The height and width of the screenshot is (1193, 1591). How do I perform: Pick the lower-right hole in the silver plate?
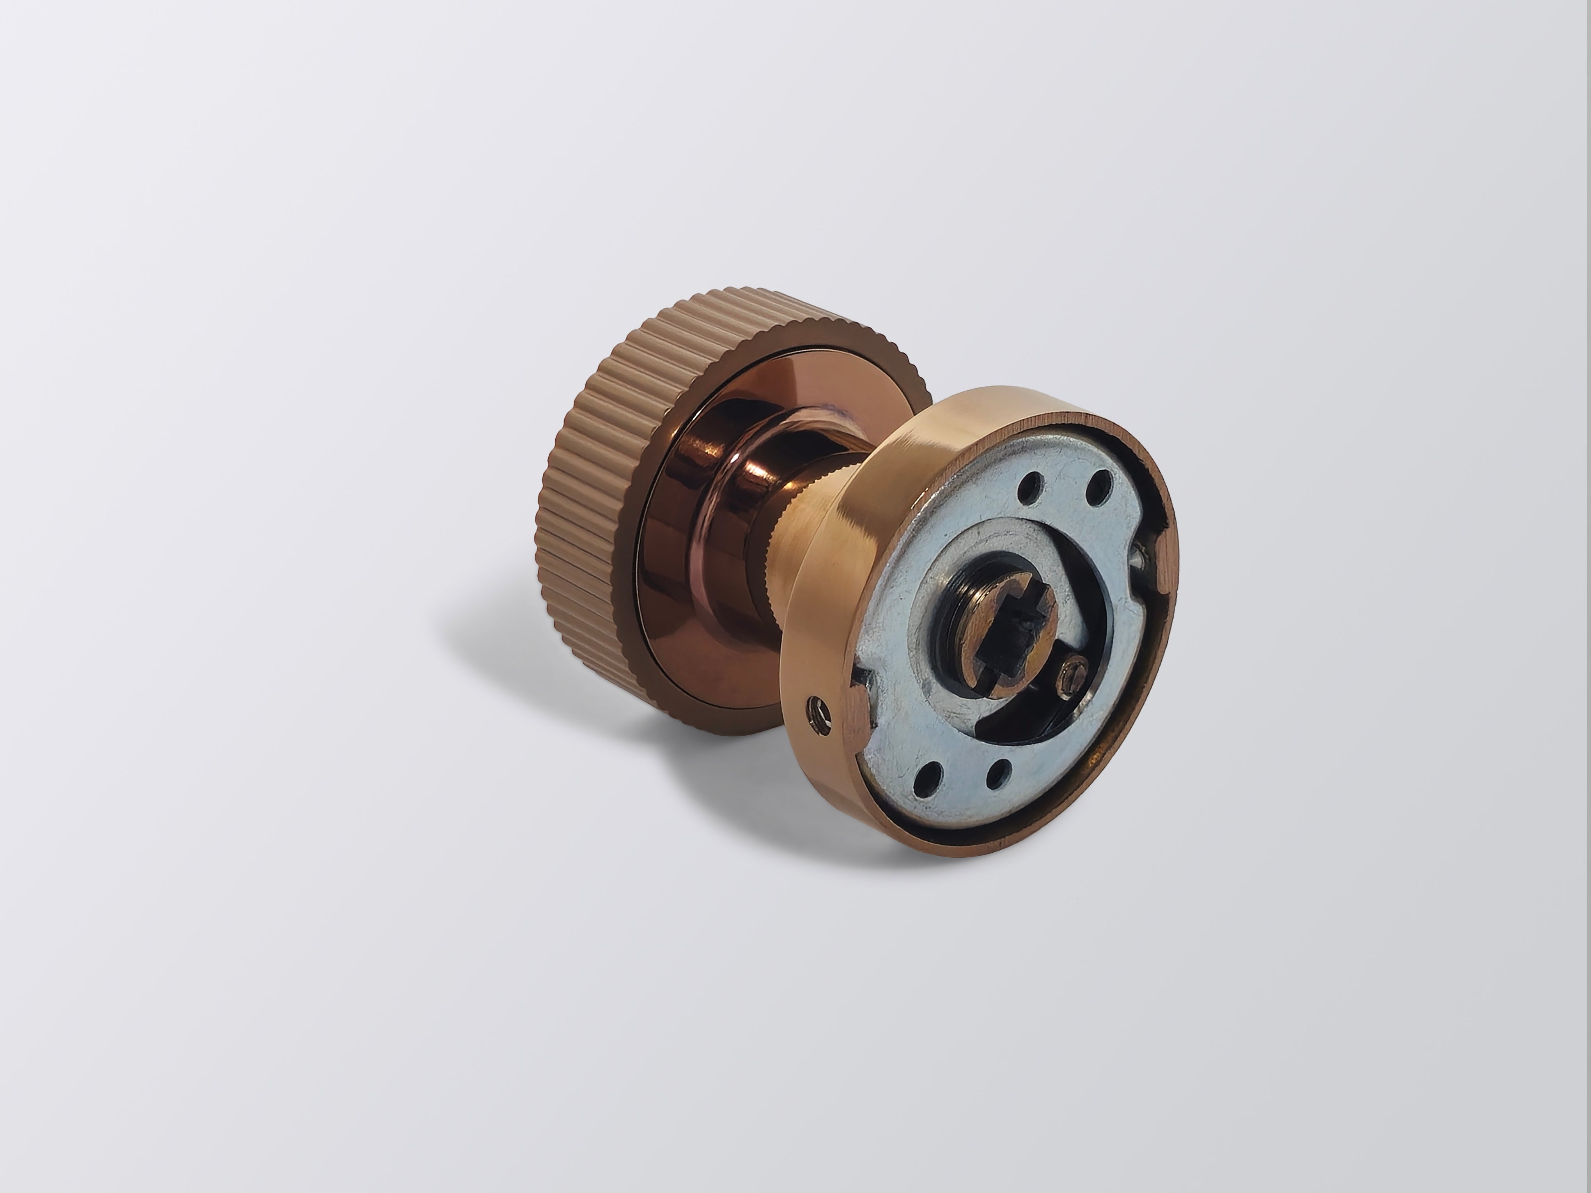pos(995,775)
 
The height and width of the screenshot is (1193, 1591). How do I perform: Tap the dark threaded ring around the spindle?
pos(957,597)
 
